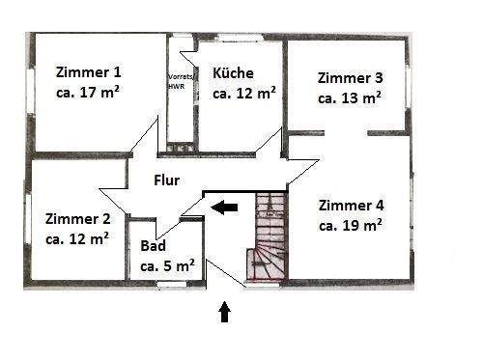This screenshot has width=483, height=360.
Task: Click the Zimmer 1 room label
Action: pyautogui.click(x=89, y=71)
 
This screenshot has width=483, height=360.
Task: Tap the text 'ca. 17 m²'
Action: pyautogui.click(x=89, y=94)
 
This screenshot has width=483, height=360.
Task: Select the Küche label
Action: pyautogui.click(x=233, y=72)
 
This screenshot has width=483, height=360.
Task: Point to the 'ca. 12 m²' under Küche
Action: pyautogui.click(x=244, y=94)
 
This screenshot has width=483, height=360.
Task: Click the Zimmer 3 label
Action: pyautogui.click(x=351, y=77)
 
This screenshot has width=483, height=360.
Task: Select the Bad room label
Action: pyautogui.click(x=153, y=245)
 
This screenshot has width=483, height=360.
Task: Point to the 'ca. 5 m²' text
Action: pyautogui.click(x=167, y=265)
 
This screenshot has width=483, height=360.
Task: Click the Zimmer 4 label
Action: pyautogui.click(x=351, y=205)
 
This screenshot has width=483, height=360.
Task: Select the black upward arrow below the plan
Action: pyautogui.click(x=225, y=310)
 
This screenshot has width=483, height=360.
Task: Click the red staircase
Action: pyautogui.click(x=270, y=237)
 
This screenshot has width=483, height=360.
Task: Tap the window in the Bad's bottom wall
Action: pyautogui.click(x=172, y=283)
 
